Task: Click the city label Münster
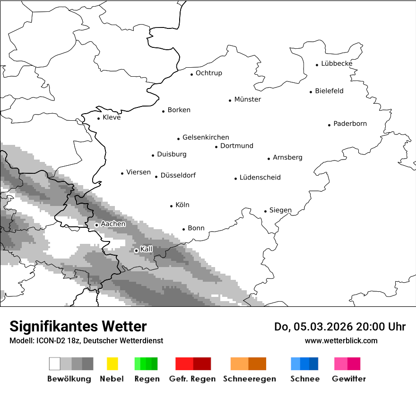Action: tap(247, 99)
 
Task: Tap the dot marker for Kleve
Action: tap(98, 118)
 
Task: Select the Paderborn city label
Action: tap(350, 124)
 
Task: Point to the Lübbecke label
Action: tap(337, 63)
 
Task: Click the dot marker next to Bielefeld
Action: tap(311, 92)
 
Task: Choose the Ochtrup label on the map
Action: tap(208, 73)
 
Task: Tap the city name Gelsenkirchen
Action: tap(206, 137)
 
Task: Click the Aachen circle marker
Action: tap(96, 225)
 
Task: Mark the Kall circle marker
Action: tap(136, 250)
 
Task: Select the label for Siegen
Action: tap(280, 210)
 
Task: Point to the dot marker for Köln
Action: tap(172, 206)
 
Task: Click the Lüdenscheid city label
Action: tap(260, 178)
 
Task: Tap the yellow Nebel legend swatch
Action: tap(112, 364)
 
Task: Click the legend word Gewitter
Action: tap(348, 379)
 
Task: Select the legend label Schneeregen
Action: tap(250, 379)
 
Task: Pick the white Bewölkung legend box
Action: tap(55, 364)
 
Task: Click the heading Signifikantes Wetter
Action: tap(78, 326)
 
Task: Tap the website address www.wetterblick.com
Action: tap(341, 340)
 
